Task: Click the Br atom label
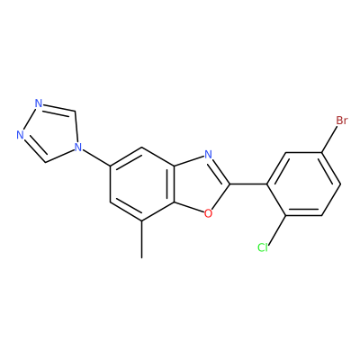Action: click(x=342, y=121)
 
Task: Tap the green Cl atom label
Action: click(x=263, y=247)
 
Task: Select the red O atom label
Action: click(x=208, y=213)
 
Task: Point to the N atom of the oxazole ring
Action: click(x=208, y=155)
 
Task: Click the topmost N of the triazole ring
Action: click(x=39, y=103)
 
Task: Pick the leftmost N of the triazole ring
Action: click(x=20, y=135)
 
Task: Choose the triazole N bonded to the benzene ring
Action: click(x=78, y=147)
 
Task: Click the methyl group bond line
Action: click(x=142, y=239)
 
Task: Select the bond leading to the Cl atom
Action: click(x=276, y=229)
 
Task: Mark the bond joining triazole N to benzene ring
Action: click(x=96, y=157)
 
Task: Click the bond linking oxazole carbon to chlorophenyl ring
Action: click(x=249, y=184)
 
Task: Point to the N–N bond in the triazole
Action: click(x=30, y=119)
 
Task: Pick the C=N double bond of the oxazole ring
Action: click(x=220, y=170)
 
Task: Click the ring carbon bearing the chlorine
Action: click(x=285, y=215)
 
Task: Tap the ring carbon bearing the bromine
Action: click(x=321, y=153)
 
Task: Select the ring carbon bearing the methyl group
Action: click(x=142, y=221)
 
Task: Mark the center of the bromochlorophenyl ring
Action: click(x=303, y=184)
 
